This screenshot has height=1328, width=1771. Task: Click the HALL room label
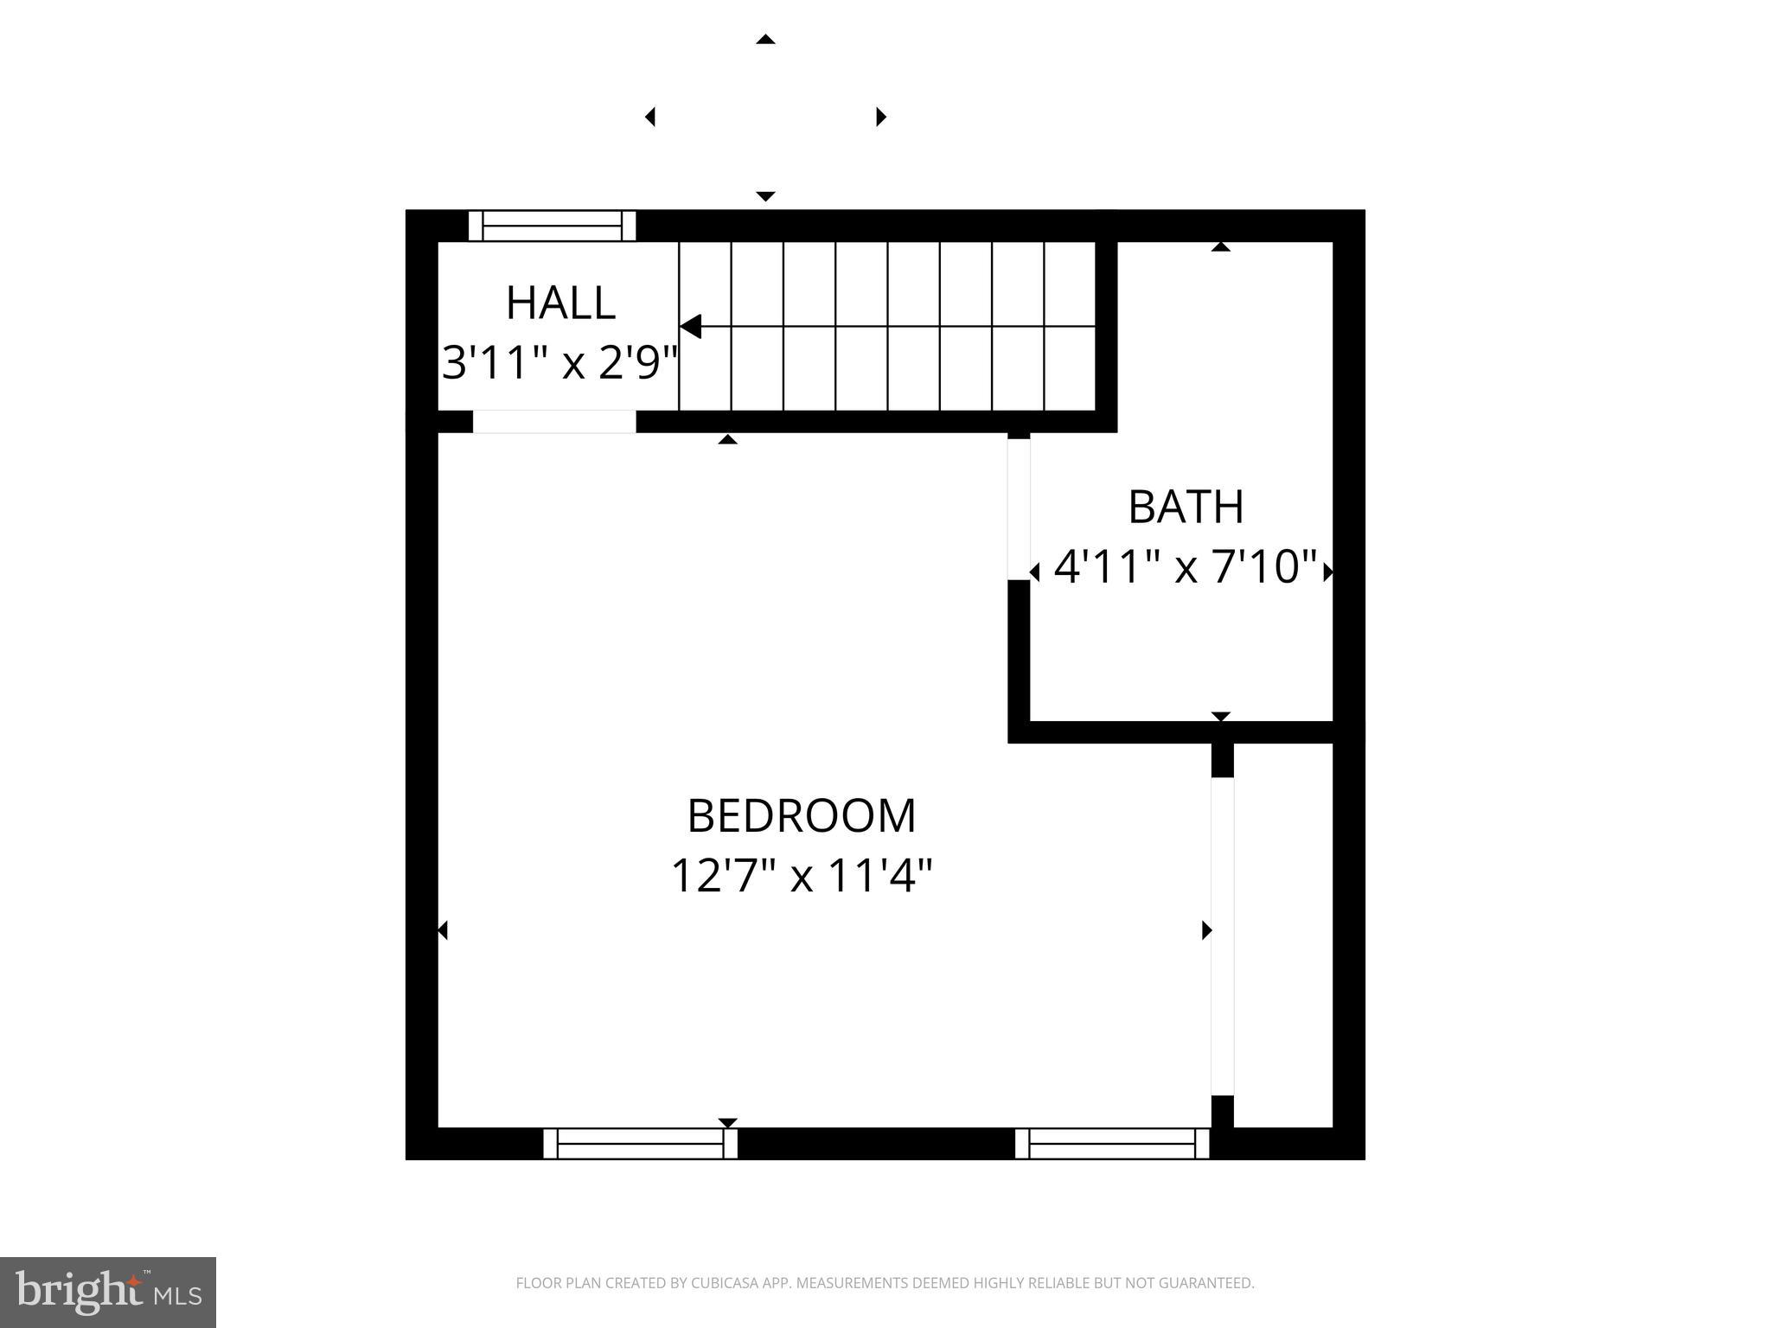pos(560,303)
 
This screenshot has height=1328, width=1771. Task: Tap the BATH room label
pos(1186,507)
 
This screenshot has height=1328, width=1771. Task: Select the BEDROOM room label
pos(802,816)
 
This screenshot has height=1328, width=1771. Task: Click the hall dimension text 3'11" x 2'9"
pos(559,362)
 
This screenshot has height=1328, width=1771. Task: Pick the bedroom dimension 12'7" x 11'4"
pos(802,876)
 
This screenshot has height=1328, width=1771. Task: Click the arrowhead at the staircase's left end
pos(690,327)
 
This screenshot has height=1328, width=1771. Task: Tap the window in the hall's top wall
pos(552,226)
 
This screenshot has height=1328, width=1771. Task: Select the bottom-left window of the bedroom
pos(640,1143)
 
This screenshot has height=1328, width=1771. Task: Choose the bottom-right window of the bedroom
pos(1111,1143)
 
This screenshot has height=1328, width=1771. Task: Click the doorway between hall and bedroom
pos(553,422)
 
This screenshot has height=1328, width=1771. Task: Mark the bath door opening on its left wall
pos(1019,508)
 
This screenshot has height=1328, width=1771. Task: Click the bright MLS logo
pos(107,1293)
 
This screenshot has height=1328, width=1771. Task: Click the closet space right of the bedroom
pos(1283,934)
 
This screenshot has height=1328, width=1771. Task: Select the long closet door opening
pos(1222,935)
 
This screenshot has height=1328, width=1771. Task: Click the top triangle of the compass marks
pos(765,40)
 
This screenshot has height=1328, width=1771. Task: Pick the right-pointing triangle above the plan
pos(881,116)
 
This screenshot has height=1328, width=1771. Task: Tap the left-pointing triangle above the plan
pos(649,116)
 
